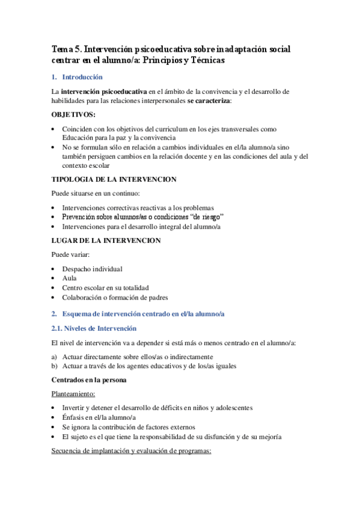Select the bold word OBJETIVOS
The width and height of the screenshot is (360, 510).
pyautogui.click(x=73, y=114)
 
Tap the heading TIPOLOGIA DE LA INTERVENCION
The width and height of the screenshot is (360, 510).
pyautogui.click(x=114, y=179)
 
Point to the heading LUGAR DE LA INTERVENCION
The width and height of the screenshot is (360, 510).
pyautogui.click(x=106, y=240)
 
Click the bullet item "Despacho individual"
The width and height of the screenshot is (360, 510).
pyautogui.click(x=92, y=269)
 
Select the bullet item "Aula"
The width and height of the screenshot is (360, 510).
pyautogui.click(x=69, y=278)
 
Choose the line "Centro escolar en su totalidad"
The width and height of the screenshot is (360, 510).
pyautogui.click(x=105, y=288)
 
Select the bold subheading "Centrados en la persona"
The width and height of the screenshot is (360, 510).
pyautogui.click(x=88, y=380)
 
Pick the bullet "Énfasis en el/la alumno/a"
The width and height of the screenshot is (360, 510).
pyautogui.click(x=99, y=417)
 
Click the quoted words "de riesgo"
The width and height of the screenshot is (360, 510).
pyautogui.click(x=206, y=216)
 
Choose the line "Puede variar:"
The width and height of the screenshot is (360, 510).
pyautogui.click(x=70, y=254)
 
